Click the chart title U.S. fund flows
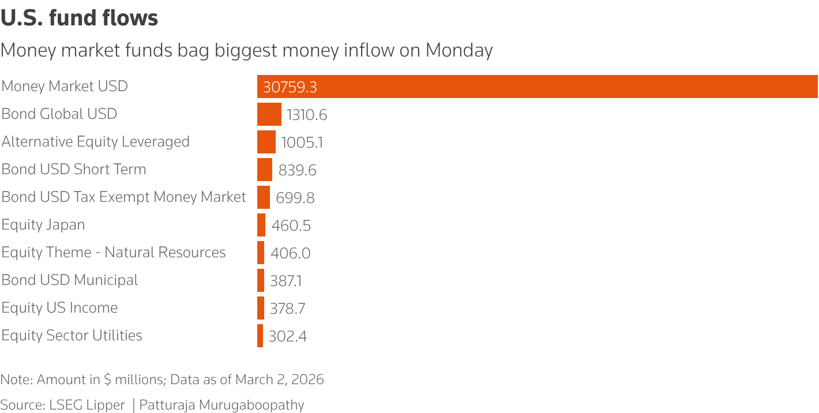click(x=79, y=18)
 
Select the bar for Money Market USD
click(x=536, y=87)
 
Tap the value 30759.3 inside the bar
click(x=290, y=87)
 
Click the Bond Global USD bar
click(x=269, y=114)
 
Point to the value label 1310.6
click(x=307, y=115)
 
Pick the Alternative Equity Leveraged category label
click(x=96, y=142)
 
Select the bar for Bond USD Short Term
click(x=264, y=170)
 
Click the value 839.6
click(x=297, y=170)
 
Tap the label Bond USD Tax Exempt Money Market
click(x=123, y=197)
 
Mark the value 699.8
click(x=295, y=198)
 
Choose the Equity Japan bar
click(x=261, y=225)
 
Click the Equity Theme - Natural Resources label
click(x=114, y=253)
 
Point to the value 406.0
click(x=290, y=253)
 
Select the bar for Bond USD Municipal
click(x=261, y=280)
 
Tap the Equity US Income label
click(x=59, y=308)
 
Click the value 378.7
click(x=287, y=309)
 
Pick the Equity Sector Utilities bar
click(x=260, y=336)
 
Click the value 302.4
click(x=287, y=336)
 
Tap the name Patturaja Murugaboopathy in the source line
click(x=221, y=405)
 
